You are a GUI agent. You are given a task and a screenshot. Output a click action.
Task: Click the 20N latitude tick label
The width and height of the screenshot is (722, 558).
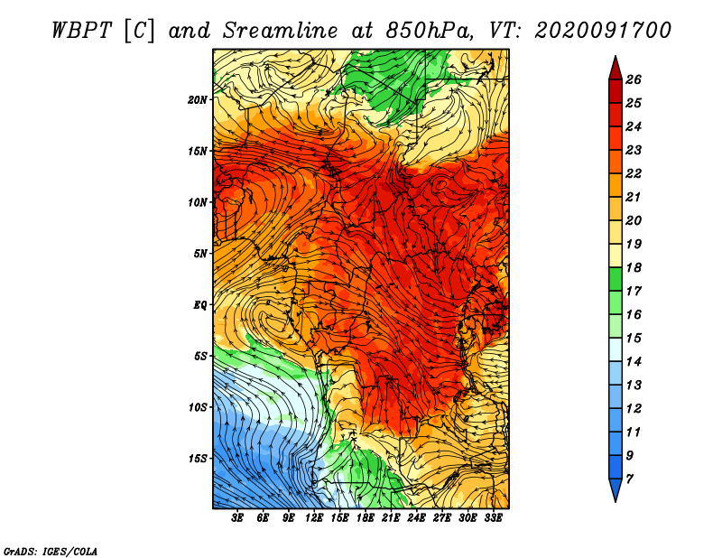coord(198,100)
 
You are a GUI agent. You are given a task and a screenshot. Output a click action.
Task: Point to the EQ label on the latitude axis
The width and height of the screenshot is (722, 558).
coord(200,305)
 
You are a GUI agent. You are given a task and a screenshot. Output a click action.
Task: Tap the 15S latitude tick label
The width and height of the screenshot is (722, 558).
coord(198,459)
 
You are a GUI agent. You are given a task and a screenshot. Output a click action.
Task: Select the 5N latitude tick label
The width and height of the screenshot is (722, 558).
coord(200,254)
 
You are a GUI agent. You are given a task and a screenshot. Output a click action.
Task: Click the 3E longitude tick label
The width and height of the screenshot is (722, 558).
coord(237,518)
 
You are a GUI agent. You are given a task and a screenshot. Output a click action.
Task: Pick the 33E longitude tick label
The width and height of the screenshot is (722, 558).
coord(493,518)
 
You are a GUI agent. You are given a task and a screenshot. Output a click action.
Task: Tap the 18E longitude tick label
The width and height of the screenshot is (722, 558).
coord(366,518)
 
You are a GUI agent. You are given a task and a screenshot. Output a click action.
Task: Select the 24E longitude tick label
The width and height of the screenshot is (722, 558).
coord(416,518)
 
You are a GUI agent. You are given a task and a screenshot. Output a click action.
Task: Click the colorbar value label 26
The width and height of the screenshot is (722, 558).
coord(634,79)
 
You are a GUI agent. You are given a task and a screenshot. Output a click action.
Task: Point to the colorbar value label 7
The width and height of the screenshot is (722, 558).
coord(629,479)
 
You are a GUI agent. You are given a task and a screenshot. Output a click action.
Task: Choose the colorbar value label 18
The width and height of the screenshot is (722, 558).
coord(634,267)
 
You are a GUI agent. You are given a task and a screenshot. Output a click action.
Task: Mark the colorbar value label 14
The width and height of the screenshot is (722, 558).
coord(634,362)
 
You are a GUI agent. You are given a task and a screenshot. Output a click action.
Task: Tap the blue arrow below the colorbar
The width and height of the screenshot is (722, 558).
coord(616,488)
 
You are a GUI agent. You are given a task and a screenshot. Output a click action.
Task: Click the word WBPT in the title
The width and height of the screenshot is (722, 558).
coord(82,31)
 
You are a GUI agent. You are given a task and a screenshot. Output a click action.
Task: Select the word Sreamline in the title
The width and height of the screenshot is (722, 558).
coord(281,31)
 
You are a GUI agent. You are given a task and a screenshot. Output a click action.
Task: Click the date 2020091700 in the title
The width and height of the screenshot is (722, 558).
coord(603,31)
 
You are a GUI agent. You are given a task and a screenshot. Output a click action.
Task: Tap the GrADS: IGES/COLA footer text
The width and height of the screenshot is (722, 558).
coord(51,551)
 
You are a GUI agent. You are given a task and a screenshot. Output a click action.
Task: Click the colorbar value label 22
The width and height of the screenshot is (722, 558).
coord(634,173)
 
